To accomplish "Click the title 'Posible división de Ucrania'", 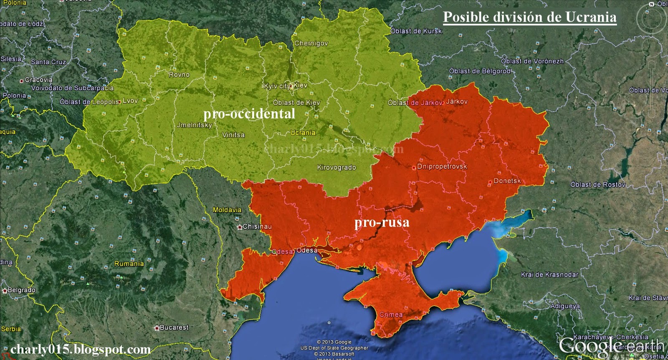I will [x=529, y=17].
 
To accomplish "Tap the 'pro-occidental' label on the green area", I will [x=249, y=114].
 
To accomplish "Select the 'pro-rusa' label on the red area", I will [x=382, y=222].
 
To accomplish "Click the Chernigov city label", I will [x=311, y=43].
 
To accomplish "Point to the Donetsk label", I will [x=507, y=181].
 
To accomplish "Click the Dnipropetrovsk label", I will [x=442, y=167].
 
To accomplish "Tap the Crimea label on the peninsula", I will [x=391, y=314].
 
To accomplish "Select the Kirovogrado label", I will [x=337, y=167].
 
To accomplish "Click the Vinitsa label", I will [x=233, y=135].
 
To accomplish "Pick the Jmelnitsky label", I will [x=195, y=125].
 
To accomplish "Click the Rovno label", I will [x=179, y=75].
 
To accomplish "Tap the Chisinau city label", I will [x=257, y=226].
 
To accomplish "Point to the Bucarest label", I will [x=174, y=327].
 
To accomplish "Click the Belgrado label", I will [x=21, y=290].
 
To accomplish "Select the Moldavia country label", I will [x=227, y=210].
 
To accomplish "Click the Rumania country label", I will [x=129, y=264].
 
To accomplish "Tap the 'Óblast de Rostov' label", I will [x=598, y=185].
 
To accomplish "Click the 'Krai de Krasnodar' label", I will [x=549, y=275].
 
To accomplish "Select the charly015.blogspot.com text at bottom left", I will [x=81, y=349].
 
